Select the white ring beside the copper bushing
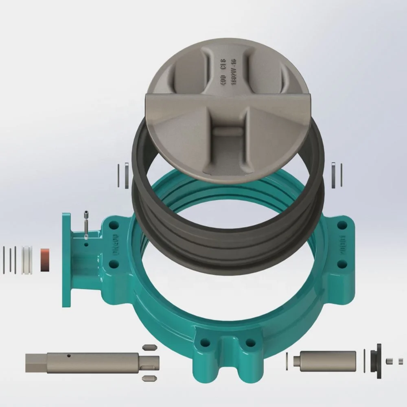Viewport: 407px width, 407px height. pyautogui.click(x=27, y=259)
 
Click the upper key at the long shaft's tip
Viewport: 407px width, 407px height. pyautogui.click(x=149, y=347)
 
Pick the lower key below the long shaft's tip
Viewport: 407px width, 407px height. pyautogui.click(x=149, y=378)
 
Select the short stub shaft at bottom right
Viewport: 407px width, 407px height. pyautogui.click(x=325, y=360)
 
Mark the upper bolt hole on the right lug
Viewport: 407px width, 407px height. pyautogui.click(x=343, y=225)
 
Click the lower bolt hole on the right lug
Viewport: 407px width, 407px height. pyautogui.click(x=342, y=264)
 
